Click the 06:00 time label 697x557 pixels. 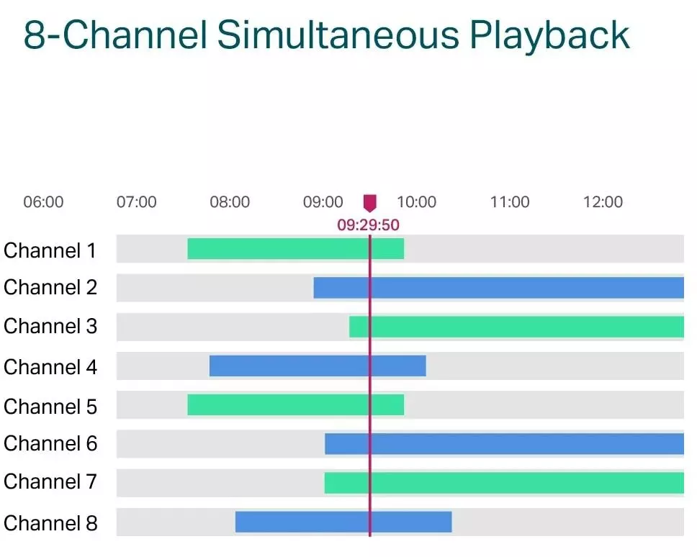pos(43,202)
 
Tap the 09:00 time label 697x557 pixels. pos(323,202)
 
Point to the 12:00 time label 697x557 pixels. pos(603,202)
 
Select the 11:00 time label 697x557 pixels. pos(510,202)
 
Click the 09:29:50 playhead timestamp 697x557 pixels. pos(368,225)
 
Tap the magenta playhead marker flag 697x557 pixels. pos(369,203)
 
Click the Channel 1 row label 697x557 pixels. pos(50,250)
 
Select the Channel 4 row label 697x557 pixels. pos(50,367)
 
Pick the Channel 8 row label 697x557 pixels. pos(50,522)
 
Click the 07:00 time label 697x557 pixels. pos(136,202)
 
